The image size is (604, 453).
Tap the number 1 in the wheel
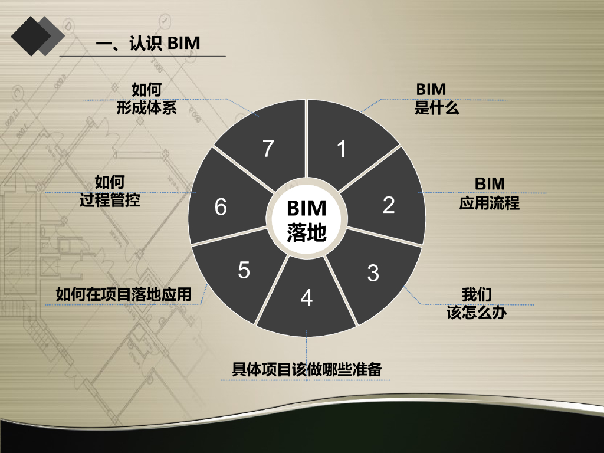tap(341, 149)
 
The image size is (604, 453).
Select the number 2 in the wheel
tap(388, 205)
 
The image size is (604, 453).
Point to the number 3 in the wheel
tap(373, 273)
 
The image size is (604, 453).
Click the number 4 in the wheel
tap(306, 298)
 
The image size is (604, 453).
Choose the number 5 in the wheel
tap(244, 270)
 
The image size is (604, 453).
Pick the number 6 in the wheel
tap(221, 207)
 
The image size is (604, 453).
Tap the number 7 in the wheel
tap(268, 149)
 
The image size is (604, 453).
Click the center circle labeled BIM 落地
tap(306, 220)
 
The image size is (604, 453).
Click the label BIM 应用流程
tap(490, 193)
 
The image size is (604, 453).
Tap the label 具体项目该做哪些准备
tap(307, 370)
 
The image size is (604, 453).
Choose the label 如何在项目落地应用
tap(124, 294)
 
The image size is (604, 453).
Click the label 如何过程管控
tap(110, 191)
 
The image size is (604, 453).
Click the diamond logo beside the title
tap(37, 35)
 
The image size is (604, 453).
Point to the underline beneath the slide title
tap(142, 56)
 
